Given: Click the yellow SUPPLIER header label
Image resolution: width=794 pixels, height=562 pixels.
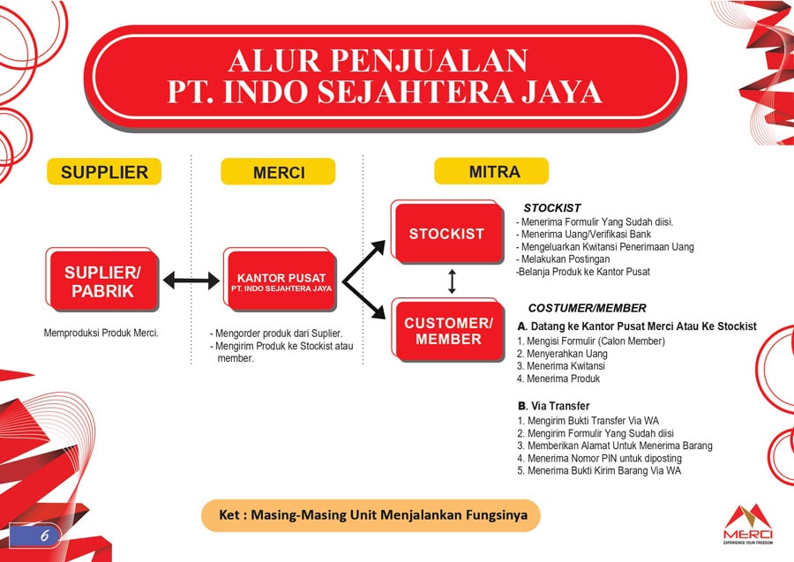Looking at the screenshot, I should [104, 171].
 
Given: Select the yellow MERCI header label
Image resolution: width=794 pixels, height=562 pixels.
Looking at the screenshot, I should [278, 172].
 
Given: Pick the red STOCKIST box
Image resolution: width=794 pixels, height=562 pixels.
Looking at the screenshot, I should [446, 234].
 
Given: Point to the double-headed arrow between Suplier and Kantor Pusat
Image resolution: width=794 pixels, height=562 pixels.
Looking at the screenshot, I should [191, 281].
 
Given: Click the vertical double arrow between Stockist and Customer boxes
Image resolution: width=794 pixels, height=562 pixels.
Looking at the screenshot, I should [452, 281].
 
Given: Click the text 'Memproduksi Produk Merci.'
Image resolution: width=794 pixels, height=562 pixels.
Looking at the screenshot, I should [101, 333].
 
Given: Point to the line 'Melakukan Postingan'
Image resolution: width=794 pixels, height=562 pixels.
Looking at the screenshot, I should [566, 259].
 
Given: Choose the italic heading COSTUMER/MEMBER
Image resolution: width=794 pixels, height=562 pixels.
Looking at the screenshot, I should [587, 308].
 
